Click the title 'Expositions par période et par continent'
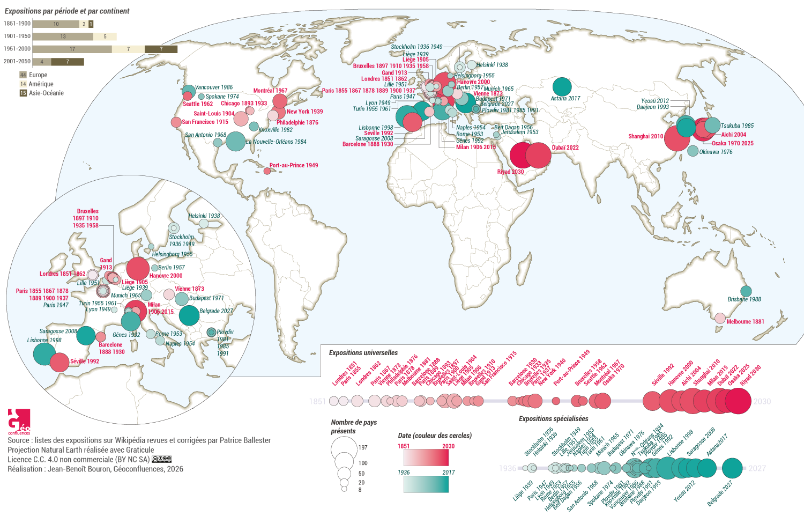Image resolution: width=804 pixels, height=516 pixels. point(67,11)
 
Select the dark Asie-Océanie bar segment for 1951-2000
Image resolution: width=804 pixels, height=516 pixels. point(161,49)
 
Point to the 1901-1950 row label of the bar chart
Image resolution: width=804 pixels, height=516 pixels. point(17,36)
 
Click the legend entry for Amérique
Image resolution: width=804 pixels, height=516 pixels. point(41,84)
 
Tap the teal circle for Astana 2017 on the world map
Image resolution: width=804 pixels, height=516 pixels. point(562,87)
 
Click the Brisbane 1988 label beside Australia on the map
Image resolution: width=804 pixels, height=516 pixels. point(744,299)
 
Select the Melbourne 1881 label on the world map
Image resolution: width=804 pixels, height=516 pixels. point(745,322)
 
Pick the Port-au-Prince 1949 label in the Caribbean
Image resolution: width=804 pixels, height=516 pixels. point(293,165)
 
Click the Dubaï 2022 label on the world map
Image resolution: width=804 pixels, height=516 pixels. point(565,148)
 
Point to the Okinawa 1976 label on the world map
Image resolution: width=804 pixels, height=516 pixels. point(716,152)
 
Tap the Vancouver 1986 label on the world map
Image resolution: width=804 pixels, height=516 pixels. point(214,87)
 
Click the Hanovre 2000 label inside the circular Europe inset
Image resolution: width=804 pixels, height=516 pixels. point(166,276)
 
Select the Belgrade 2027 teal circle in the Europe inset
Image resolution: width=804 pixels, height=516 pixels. point(189,315)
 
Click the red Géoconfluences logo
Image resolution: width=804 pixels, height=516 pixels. point(19,421)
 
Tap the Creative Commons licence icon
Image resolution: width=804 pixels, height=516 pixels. point(161,459)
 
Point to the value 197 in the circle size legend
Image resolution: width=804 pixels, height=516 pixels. point(363,447)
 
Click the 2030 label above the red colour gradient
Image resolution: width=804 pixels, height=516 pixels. point(448,446)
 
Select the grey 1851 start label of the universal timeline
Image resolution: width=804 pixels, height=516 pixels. point(317,401)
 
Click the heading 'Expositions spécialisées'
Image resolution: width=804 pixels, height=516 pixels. point(553,418)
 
